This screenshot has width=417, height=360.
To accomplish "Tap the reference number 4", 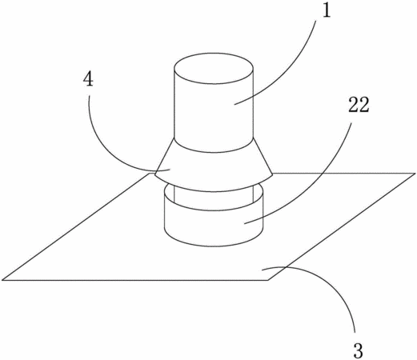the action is pos(89,79).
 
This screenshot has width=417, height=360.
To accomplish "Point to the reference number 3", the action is pos(358,350).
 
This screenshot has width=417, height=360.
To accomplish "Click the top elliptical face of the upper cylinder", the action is pos(214,68).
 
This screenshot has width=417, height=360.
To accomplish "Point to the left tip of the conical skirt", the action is pos(155,174).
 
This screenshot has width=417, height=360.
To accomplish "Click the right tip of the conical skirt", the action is pos(272,174).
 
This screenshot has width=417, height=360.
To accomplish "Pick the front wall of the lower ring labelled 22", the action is pos(214,226).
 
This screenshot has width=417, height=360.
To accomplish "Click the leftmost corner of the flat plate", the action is pos(2,280).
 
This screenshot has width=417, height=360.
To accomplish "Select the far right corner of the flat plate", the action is pos(415,174).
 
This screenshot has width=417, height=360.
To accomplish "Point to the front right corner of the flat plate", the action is pos(268,280).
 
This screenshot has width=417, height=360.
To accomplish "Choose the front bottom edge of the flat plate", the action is pos(135,280).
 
